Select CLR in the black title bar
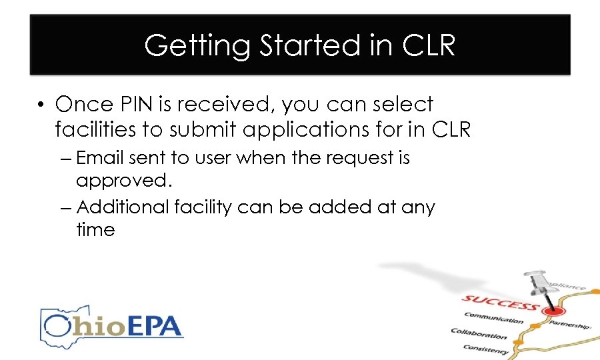point(429,45)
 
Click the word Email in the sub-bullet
point(101,158)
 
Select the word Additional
point(124,207)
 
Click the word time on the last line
point(95,230)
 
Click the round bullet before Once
point(42,105)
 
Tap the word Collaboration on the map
point(479,333)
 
